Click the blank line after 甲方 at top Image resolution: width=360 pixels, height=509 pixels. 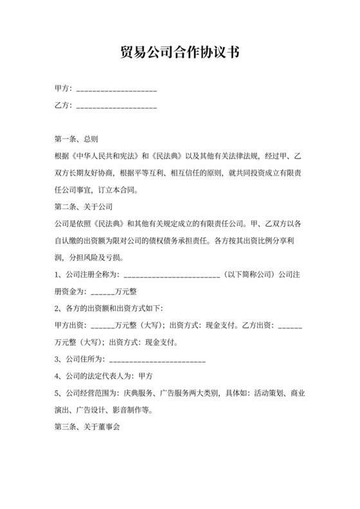(116, 89)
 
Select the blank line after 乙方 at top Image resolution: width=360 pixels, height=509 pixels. (116, 105)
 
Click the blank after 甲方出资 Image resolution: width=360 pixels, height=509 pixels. (103, 325)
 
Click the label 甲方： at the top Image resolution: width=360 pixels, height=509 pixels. (64, 89)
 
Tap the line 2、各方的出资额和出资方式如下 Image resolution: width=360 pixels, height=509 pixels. (109, 308)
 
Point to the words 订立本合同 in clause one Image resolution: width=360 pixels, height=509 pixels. (127, 190)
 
